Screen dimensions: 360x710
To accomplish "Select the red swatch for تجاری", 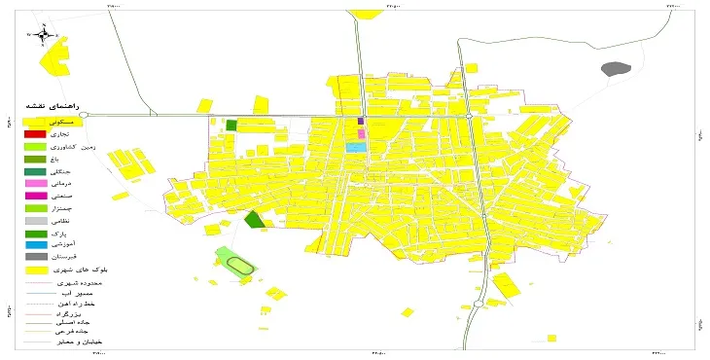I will (34, 133).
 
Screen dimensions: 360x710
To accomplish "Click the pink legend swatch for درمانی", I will (34, 183).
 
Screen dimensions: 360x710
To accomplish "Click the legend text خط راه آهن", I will (79, 305).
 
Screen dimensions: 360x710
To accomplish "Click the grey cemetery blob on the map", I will (616, 69).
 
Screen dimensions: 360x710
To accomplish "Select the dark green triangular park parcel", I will (255, 220).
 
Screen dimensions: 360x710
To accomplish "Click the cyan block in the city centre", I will (356, 148).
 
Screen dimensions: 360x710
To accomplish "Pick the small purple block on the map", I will (361, 122).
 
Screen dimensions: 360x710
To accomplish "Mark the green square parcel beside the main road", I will (231, 125).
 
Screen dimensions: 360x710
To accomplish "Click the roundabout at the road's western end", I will (84, 115).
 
